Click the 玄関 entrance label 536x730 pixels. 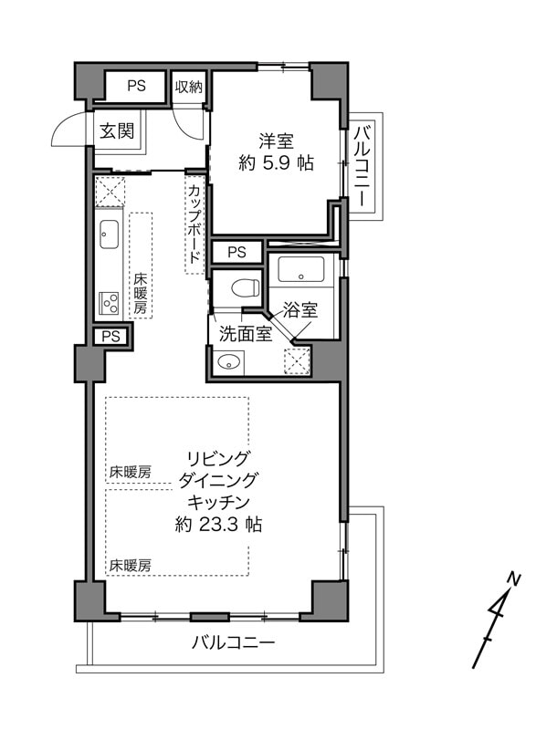click(117, 131)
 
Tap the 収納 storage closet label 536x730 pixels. click(189, 87)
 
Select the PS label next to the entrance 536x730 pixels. click(136, 86)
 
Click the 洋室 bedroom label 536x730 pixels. click(276, 141)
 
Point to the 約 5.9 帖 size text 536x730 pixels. click(276, 163)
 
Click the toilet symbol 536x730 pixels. click(245, 287)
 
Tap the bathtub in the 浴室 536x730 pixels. click(300, 269)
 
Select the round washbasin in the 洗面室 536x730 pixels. click(228, 360)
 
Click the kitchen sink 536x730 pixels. click(109, 235)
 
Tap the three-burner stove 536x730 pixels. click(110, 304)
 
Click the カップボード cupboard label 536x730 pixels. click(195, 224)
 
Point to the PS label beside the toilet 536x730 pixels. click(236, 253)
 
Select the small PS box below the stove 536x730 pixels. click(110, 336)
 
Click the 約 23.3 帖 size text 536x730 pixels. click(218, 525)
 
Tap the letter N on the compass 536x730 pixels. click(514, 579)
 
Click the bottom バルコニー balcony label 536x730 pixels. click(234, 643)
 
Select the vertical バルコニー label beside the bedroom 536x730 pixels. click(362, 165)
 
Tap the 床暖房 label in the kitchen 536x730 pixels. click(141, 293)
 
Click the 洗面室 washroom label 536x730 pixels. click(246, 333)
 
